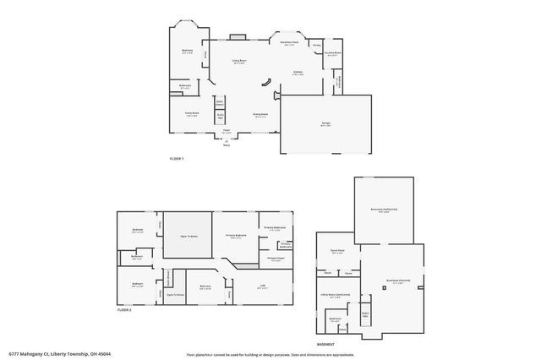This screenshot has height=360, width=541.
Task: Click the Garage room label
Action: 325,123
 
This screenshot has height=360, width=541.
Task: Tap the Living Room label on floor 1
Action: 239,61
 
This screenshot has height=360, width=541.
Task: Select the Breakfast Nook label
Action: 288,42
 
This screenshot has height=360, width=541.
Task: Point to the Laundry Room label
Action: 332,53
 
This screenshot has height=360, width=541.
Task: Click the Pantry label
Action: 316,45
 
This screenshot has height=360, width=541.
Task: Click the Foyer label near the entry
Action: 227,131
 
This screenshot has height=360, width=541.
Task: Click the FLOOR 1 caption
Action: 177,159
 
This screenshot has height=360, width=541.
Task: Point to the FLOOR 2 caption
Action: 124,311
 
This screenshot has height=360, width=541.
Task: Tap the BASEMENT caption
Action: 325,344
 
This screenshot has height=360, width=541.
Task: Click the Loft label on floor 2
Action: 262,286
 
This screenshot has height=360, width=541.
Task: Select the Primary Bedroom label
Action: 236,236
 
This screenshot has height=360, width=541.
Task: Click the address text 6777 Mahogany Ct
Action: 60,353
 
